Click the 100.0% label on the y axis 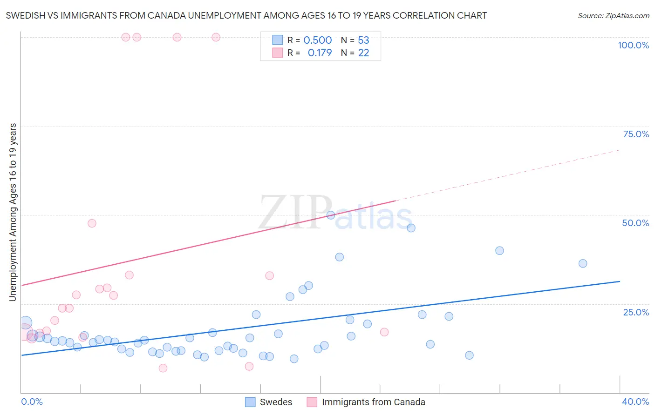click(633, 45)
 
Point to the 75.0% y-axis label click(636, 134)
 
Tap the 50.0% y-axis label click(635, 223)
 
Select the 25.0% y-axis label click(636, 312)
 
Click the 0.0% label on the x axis click(32, 402)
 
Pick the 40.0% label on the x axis click(635, 402)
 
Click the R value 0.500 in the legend click(318, 40)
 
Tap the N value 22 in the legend click(363, 53)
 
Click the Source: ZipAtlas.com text click(614, 15)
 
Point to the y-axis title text click(13, 212)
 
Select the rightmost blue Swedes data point click(583, 263)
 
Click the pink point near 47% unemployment click(92, 223)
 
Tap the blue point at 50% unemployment click(331, 215)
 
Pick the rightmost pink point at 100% click(216, 37)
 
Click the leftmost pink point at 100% click(125, 37)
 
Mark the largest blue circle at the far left click(26, 322)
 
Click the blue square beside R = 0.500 click(278, 40)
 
